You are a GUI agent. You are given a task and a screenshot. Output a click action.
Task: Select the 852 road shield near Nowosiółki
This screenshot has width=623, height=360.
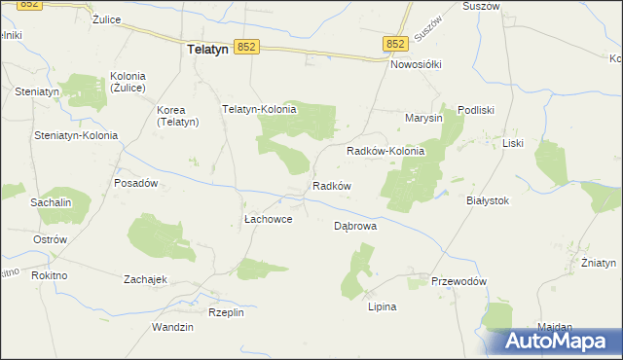394,44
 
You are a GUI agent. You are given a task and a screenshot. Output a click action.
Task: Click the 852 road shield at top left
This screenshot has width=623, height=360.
31,5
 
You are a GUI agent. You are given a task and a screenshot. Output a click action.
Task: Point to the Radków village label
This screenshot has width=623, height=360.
331,186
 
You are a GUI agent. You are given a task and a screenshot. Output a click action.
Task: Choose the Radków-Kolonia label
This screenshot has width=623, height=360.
385,152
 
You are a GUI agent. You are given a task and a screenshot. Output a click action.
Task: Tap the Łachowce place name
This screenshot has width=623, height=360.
267,220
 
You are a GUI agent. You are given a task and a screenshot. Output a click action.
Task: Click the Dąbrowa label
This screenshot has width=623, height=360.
355,225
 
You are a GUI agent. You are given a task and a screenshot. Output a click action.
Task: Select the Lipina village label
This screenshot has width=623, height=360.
382,306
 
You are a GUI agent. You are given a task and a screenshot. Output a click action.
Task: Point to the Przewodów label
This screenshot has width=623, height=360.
458,281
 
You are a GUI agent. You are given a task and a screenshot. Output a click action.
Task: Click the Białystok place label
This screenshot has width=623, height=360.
488,200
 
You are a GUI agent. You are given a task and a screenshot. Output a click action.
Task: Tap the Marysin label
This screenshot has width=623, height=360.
423,118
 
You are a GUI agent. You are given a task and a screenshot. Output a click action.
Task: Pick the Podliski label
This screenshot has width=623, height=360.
477,111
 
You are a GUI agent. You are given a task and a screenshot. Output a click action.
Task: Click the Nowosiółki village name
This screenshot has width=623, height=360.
416,64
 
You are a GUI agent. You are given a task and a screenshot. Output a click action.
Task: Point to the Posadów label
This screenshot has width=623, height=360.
136,183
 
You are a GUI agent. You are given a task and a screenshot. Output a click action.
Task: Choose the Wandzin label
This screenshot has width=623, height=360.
172,327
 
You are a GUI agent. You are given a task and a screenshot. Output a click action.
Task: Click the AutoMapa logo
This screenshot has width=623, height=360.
558,341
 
